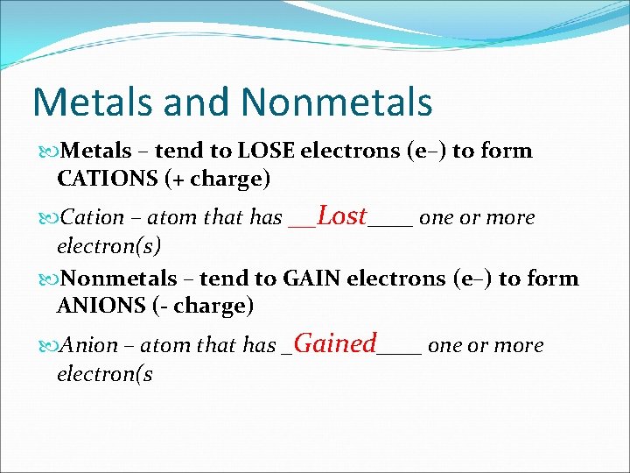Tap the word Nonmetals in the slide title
coord(337,102)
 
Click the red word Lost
coord(341,215)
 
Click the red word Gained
coord(336,343)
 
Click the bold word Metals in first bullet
coord(96,151)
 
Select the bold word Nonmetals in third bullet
coord(120,279)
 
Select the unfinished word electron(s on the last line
coord(104,374)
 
